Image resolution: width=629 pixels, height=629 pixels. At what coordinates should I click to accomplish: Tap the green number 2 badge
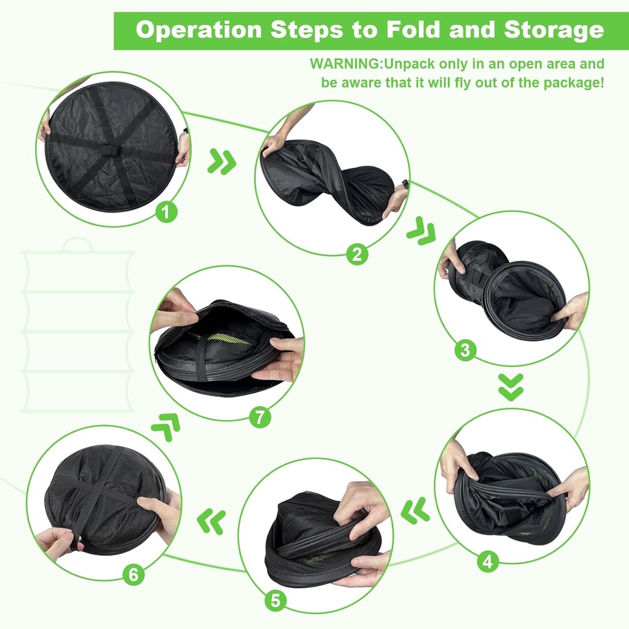[x=357, y=253]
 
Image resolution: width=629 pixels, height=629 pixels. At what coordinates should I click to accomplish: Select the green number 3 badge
[x=465, y=350]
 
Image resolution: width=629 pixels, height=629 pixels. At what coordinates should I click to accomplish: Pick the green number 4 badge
[x=487, y=561]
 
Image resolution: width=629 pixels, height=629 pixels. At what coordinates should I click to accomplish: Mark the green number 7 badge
[x=260, y=417]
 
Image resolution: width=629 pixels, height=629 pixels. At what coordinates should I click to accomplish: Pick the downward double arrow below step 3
[x=510, y=387]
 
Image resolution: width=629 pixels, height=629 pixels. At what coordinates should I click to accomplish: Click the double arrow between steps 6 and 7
[x=166, y=425]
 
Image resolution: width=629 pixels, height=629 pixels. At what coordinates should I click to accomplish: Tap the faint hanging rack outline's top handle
[x=77, y=244]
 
